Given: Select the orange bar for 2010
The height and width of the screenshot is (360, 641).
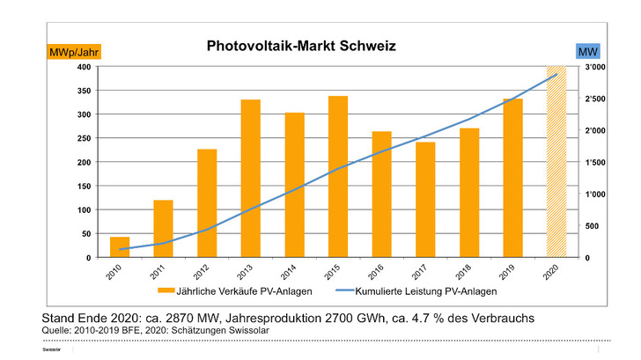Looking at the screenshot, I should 120,247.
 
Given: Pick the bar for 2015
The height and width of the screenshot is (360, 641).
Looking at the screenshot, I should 338,177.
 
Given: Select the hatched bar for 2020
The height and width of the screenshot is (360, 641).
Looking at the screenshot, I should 556,162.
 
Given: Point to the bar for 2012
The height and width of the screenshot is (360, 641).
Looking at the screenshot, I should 207,203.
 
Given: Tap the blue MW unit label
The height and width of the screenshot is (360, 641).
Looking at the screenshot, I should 588,52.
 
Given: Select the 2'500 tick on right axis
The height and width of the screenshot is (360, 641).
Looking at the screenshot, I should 596,99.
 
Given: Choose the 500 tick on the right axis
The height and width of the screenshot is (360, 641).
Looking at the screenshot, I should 592,226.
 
